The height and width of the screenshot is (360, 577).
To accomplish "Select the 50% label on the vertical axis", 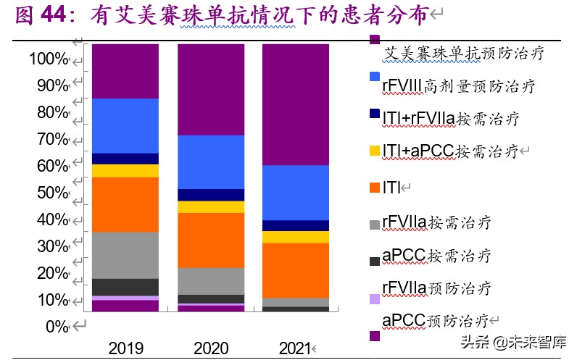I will click(x=51, y=193).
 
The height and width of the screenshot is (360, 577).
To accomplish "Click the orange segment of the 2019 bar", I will click(x=125, y=204).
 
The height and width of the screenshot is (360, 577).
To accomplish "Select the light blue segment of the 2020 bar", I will click(x=210, y=162).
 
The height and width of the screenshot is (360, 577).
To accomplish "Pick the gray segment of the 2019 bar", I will click(x=125, y=255).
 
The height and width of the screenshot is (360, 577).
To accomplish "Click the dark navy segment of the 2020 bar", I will click(x=210, y=195).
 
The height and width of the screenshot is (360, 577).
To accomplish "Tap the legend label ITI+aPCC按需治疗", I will click(x=449, y=151).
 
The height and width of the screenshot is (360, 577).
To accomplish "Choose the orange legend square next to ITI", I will click(x=374, y=188).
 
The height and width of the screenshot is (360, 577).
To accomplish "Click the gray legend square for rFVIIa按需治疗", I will click(x=374, y=225).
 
